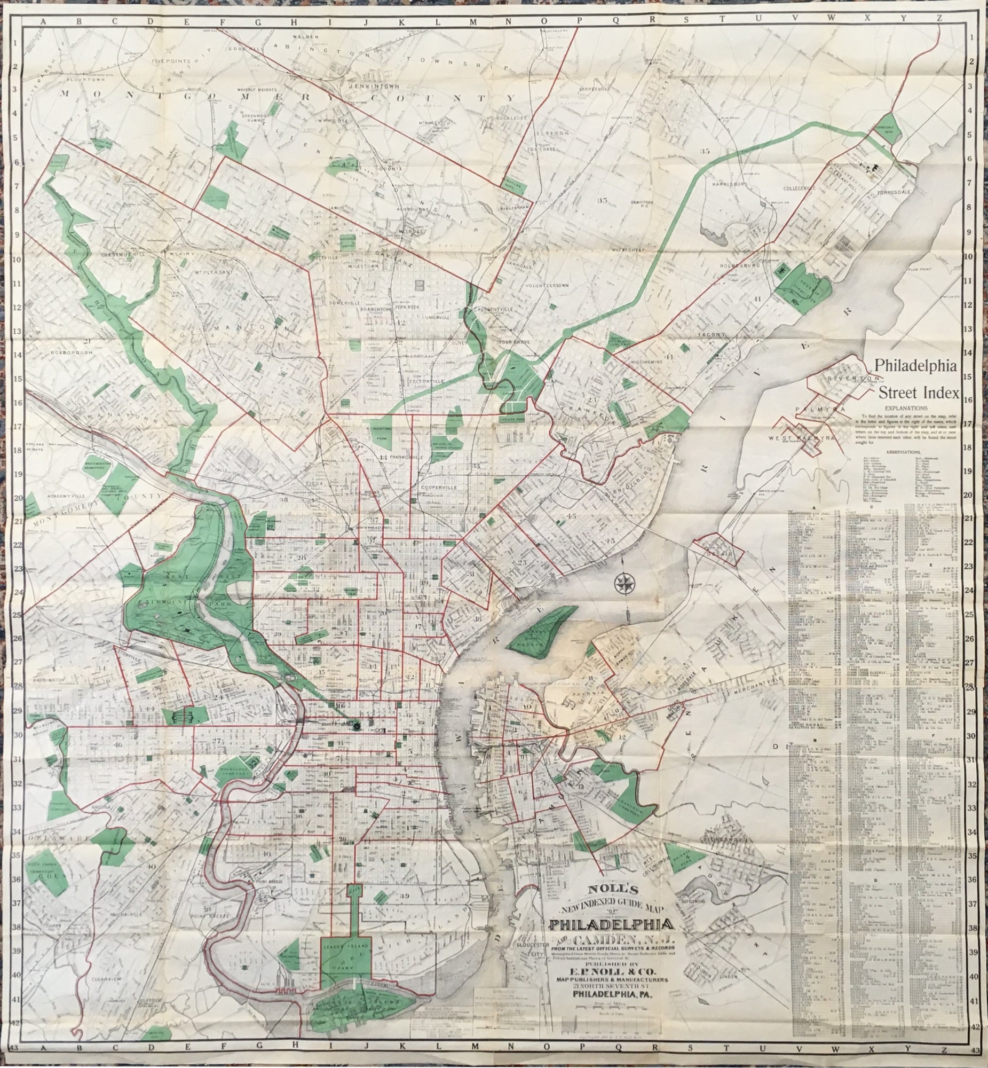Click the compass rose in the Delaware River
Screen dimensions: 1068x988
[x=623, y=584]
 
